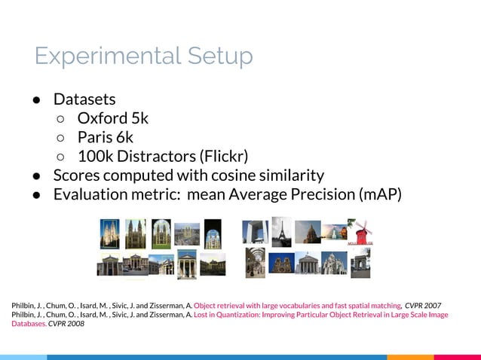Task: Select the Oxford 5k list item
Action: [113, 118]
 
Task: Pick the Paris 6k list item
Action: [105, 137]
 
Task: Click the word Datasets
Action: [84, 99]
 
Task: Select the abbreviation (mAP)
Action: [377, 194]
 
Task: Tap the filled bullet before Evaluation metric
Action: [36, 194]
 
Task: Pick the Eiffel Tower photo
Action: [281, 231]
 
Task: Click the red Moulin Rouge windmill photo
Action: [361, 233]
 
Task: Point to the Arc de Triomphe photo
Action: [360, 262]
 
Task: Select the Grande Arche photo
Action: [256, 233]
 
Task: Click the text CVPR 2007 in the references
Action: [423, 305]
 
